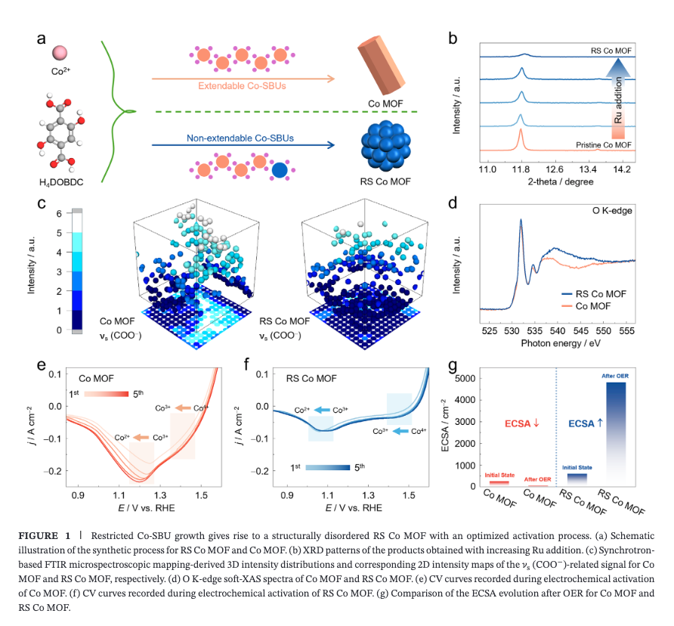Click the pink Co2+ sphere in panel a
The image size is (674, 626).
pyautogui.click(x=60, y=53)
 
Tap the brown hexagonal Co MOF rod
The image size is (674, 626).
pyautogui.click(x=381, y=64)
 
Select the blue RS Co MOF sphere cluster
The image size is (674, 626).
pyautogui.click(x=385, y=146)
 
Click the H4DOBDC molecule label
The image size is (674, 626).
pyautogui.click(x=61, y=182)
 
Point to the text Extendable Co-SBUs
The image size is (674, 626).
pyautogui.click(x=242, y=86)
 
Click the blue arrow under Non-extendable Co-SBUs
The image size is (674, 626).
pyautogui.click(x=243, y=145)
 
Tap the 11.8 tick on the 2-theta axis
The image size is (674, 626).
pyautogui.click(x=520, y=169)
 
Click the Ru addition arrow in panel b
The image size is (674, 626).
pyautogui.click(x=618, y=98)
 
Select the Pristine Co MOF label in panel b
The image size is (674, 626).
pyautogui.click(x=604, y=145)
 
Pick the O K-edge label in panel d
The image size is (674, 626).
pyautogui.click(x=612, y=211)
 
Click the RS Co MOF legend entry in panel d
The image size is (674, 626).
pyautogui.click(x=594, y=294)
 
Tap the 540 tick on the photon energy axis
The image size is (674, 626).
pyautogui.click(x=558, y=331)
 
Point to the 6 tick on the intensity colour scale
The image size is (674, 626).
pyautogui.click(x=59, y=213)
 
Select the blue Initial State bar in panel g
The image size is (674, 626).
pyautogui.click(x=577, y=480)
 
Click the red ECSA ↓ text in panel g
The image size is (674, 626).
pyautogui.click(x=521, y=423)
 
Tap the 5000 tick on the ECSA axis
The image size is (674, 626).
pyautogui.click(x=465, y=379)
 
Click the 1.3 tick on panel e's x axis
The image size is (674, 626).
pyautogui.click(x=160, y=495)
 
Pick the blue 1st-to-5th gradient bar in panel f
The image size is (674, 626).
pyautogui.click(x=328, y=467)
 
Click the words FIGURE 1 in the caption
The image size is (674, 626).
pyautogui.click(x=45, y=535)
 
